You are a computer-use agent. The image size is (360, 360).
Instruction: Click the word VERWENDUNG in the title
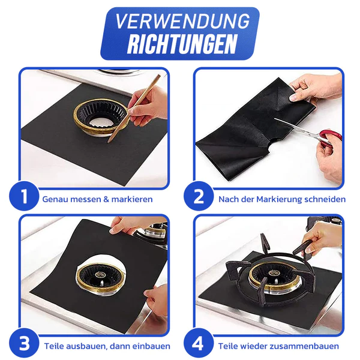(182, 22)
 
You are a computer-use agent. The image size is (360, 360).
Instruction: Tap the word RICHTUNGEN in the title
(182, 44)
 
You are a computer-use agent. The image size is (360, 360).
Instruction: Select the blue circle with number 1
(24, 196)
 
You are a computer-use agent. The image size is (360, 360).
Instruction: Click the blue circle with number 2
(199, 196)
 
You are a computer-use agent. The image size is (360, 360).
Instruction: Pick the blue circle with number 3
(24, 343)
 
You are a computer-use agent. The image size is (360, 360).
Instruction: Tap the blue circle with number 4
(199, 343)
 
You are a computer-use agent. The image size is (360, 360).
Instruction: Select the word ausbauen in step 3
(88, 346)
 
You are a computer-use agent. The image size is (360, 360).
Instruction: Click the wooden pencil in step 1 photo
(134, 109)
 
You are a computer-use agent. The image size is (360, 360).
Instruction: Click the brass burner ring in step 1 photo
(100, 118)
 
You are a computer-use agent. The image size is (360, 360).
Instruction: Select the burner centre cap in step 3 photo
(100, 274)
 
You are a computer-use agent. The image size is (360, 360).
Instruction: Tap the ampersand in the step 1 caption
(106, 199)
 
